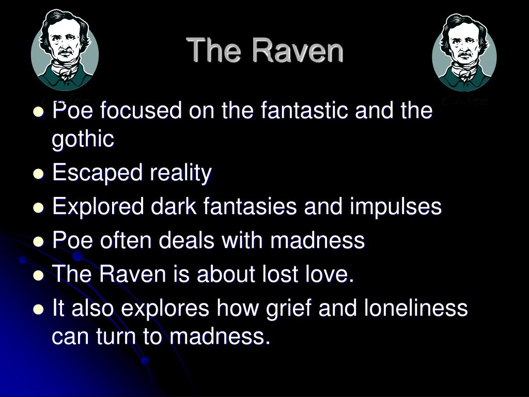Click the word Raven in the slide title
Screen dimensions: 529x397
tap(298, 50)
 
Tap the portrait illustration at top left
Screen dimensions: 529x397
tap(65, 50)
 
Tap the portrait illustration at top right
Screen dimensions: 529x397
tap(464, 52)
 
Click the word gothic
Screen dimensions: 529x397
tap(83, 139)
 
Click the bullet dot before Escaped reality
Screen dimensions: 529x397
tap(39, 174)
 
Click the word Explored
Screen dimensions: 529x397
tap(98, 207)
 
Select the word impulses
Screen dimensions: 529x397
tap(396, 207)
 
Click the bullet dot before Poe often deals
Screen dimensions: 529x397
tap(39, 241)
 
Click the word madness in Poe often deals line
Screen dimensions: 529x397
tap(318, 240)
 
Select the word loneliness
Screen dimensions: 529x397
tap(416, 308)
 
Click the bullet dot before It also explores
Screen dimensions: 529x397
tap(39, 309)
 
